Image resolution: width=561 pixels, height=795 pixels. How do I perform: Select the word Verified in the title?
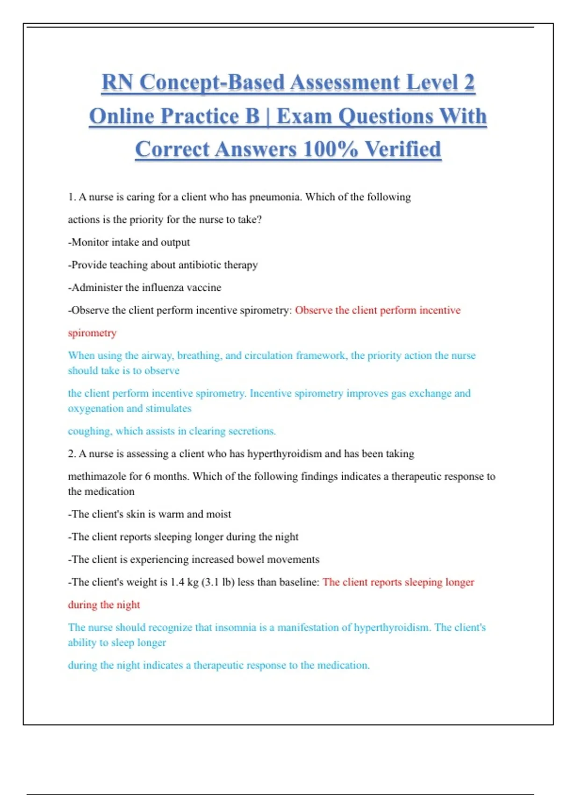403,150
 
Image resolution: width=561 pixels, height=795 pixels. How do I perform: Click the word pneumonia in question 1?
275,197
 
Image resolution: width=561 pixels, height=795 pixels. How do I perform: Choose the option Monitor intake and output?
129,242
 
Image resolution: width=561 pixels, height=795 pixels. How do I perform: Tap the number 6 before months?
148,477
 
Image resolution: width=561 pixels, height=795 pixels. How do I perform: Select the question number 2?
72,454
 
